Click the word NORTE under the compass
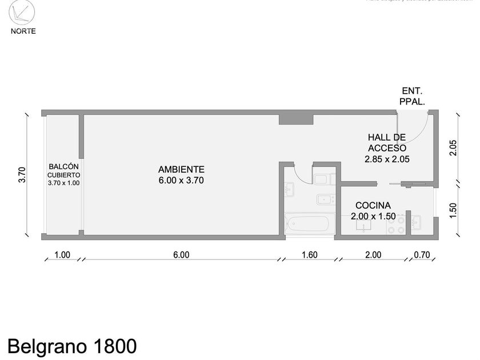pos(23,31)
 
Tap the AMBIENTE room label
pos(181,169)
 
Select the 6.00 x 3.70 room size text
pos(181,180)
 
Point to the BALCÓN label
pos(64,166)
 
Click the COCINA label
pos(373,205)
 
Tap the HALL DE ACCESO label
pos(387,142)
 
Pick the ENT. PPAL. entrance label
pos(412,96)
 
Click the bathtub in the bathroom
pos(308,223)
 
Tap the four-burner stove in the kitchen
pos(397,223)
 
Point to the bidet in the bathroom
pos(326,200)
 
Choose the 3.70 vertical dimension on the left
pos(22,174)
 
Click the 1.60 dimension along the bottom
pos(310,255)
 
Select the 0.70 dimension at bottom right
pos(422,255)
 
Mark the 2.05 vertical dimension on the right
pos(453,148)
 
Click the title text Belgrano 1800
pos(72,346)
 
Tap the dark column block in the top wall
pos(296,119)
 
